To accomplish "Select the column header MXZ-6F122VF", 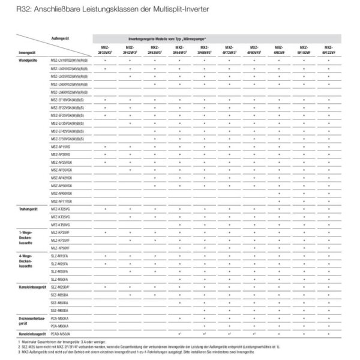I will pos(329,51).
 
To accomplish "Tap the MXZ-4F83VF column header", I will pos(279,51).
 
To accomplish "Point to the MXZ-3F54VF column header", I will pos(179,51).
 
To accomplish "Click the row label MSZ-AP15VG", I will pos(61,146).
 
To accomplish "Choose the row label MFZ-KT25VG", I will pos(61,209).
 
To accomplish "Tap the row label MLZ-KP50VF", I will pos(61,248).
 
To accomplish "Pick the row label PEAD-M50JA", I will pos(61,332).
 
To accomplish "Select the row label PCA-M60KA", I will pos(60,325).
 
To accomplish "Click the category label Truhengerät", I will pos(29,209).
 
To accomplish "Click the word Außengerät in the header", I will pos(59,37).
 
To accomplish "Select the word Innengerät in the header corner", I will pos(28,52).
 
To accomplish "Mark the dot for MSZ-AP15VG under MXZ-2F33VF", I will pos(105,146).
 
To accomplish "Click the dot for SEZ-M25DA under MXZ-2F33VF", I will pos(105,287).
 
